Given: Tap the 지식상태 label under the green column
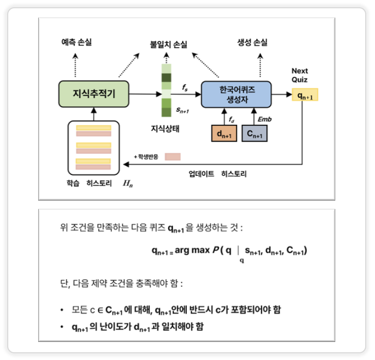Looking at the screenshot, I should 164,127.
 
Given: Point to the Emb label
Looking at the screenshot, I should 265,119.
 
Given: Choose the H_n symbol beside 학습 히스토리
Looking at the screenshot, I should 126,184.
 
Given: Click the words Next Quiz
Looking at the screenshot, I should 300,75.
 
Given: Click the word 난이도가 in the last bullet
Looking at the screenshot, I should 110,327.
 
